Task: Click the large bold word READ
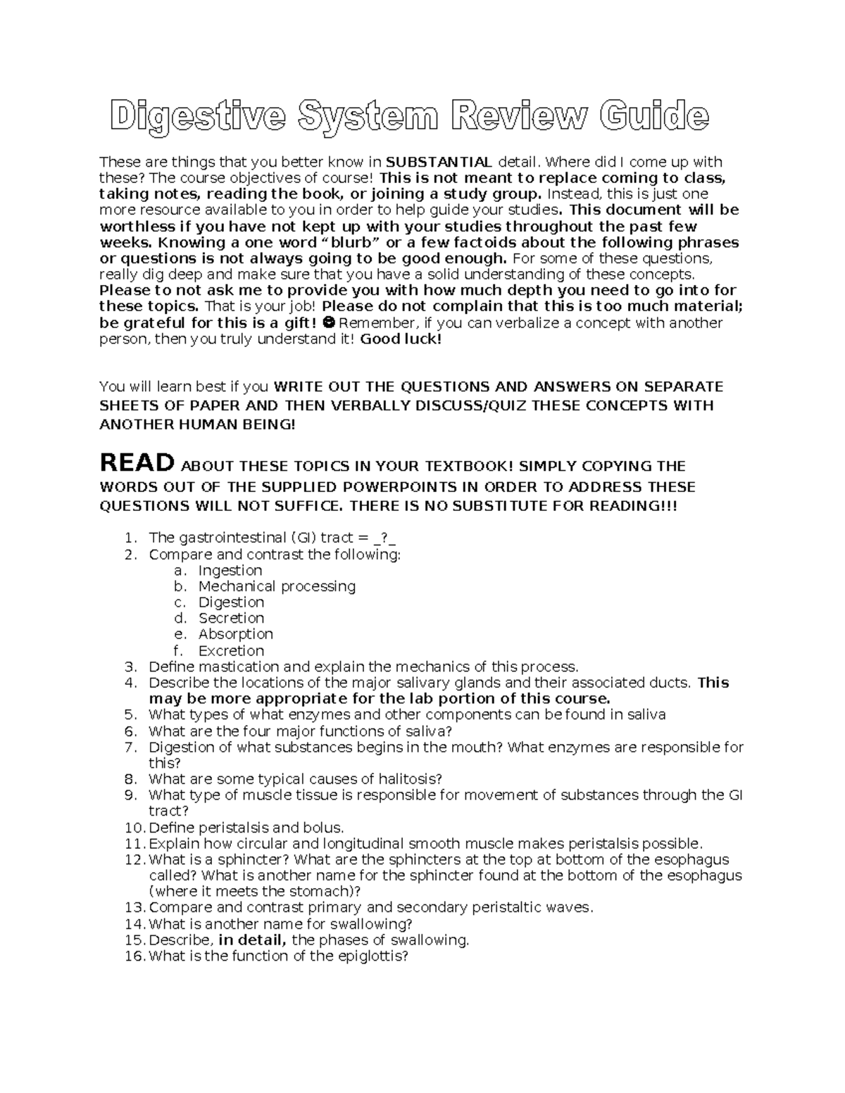[x=137, y=463]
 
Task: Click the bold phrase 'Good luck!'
[x=401, y=339]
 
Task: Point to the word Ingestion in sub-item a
[x=230, y=570]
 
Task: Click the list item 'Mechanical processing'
[x=277, y=586]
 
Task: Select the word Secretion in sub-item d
[x=231, y=618]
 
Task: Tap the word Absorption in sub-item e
[x=235, y=634]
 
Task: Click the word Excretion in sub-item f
[x=231, y=651]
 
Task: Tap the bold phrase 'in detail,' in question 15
[x=253, y=940]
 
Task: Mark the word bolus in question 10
[x=324, y=828]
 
